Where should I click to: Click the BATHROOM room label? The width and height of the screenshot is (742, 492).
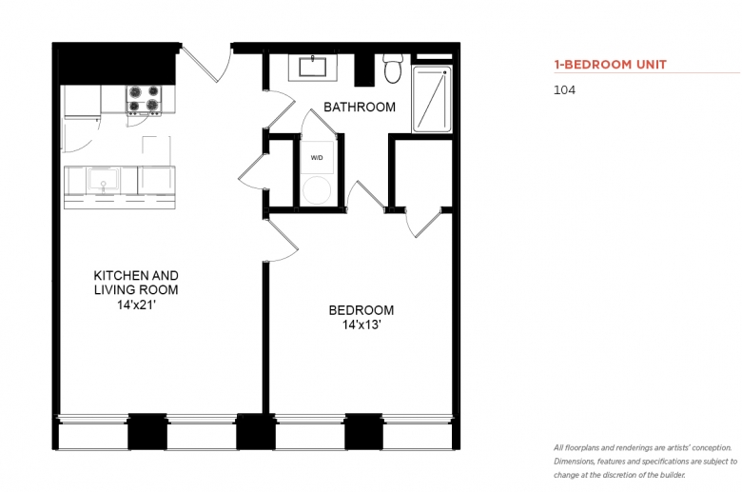[x=360, y=107]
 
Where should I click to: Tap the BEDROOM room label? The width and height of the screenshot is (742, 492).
[x=361, y=310]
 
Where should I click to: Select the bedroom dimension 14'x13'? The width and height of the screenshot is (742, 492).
[x=361, y=325]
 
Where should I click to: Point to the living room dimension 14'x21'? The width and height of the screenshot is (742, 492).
[x=136, y=305]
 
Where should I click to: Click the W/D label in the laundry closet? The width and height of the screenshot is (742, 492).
[x=317, y=158]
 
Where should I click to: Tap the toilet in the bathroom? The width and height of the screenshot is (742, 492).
[x=392, y=69]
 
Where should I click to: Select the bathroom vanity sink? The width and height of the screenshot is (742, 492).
[x=313, y=67]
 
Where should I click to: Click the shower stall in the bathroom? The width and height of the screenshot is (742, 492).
[x=432, y=99]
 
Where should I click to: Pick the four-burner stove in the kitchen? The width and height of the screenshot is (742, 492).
[x=144, y=100]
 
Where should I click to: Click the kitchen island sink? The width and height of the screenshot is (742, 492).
[x=103, y=180]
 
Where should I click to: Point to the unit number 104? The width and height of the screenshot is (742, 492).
[x=564, y=90]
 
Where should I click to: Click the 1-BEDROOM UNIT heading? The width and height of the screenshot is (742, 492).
[x=611, y=65]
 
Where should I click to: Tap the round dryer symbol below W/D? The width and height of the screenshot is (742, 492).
[x=317, y=190]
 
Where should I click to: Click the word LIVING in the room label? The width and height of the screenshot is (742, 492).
[x=112, y=290]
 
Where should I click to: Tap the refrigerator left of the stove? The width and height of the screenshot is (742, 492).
[x=83, y=101]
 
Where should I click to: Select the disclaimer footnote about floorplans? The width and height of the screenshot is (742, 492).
[x=646, y=462]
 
